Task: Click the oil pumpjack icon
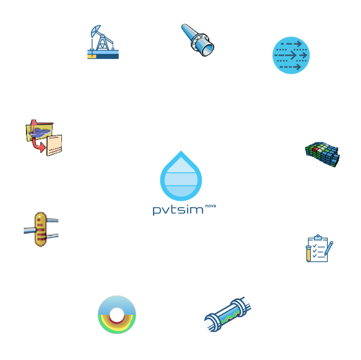103,42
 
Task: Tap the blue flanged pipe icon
198,40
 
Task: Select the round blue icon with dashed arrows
291,55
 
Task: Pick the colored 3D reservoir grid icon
323,154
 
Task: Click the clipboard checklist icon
320,248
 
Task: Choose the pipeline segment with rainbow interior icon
228,314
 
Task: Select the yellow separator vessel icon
41,229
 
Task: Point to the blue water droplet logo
181,176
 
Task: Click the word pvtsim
178,210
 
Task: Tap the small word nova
211,206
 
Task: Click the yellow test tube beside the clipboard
308,253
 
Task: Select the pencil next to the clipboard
329,248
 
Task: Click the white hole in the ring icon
117,315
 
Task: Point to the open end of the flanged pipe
208,50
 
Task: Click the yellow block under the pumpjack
92,56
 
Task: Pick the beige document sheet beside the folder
54,146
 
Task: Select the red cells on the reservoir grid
316,149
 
